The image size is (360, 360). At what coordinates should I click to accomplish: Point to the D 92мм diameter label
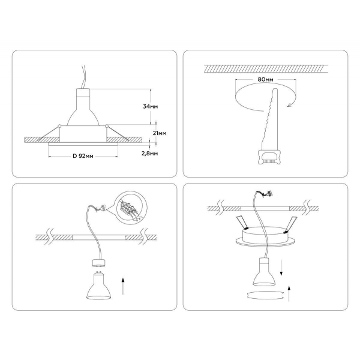click(83, 156)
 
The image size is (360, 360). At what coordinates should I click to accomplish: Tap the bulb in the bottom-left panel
click(97, 286)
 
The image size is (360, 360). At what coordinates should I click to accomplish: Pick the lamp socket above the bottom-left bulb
click(98, 264)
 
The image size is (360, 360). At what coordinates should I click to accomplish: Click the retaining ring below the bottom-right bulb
click(263, 293)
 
